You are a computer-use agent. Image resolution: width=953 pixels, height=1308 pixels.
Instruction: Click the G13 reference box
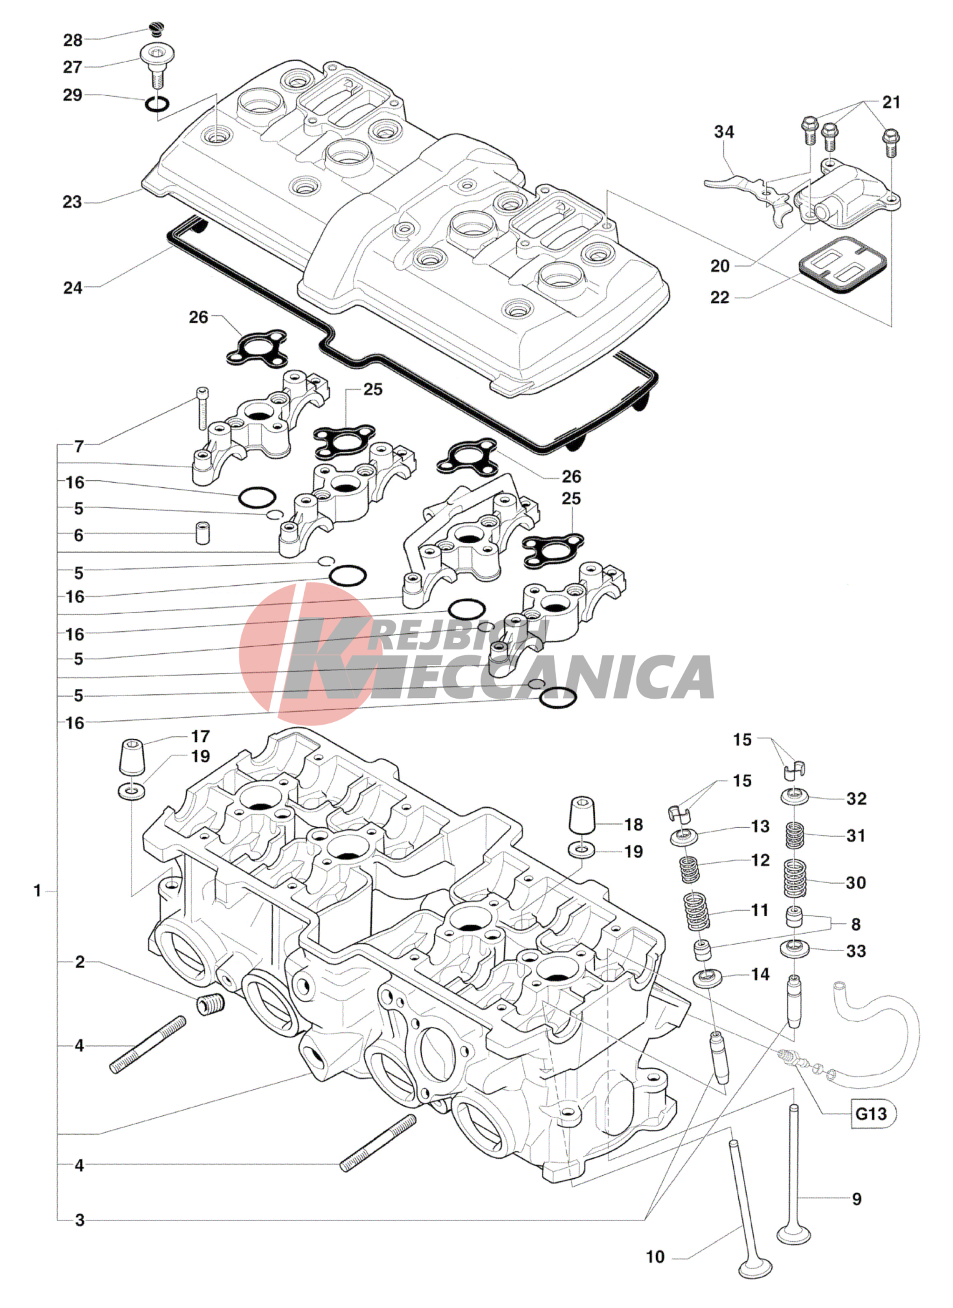click(x=871, y=1113)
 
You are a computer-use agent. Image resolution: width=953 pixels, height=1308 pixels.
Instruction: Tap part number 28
click(x=73, y=40)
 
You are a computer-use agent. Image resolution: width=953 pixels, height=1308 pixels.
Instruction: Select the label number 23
click(x=72, y=202)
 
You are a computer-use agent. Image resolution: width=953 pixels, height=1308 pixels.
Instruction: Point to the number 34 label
click(x=724, y=132)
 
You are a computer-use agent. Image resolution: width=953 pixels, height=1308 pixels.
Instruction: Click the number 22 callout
click(x=720, y=297)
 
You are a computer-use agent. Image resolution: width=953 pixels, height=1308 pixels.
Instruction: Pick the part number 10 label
click(x=655, y=1257)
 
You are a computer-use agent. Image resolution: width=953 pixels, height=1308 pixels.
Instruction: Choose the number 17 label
click(x=200, y=736)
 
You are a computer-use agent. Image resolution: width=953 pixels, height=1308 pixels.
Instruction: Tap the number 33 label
click(x=856, y=951)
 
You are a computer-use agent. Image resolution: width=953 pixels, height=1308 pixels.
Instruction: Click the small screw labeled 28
click(x=156, y=28)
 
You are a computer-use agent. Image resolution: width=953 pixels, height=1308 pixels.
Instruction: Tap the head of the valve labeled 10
click(x=755, y=1268)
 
